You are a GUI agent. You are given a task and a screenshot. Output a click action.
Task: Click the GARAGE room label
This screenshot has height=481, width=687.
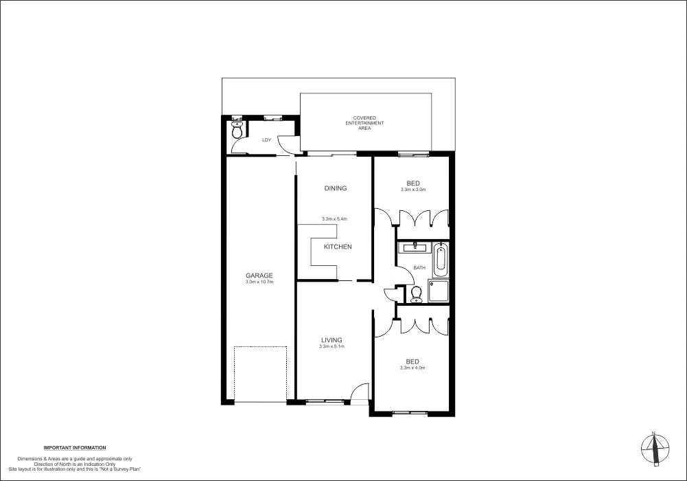pos(259,276)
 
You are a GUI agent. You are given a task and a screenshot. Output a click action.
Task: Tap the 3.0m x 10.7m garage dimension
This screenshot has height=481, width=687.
pos(259,282)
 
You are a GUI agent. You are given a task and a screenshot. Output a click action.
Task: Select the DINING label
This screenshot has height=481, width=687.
pos(336,188)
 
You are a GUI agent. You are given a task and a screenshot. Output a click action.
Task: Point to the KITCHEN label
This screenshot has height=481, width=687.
pos(338,247)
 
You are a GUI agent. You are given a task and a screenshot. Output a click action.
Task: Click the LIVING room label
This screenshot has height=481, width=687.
pos(331,340)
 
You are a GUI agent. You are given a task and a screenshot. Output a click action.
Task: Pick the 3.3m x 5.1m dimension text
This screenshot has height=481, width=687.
pos(331,347)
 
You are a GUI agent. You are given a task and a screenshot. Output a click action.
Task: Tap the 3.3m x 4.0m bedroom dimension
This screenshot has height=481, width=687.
pos(412,368)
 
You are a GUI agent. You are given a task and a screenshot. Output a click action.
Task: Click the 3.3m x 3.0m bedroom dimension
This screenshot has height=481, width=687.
pos(412,190)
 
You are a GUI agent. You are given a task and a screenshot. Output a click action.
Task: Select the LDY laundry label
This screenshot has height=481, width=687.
pos(266,140)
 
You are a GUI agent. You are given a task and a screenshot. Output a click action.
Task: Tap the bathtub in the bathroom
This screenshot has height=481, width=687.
pos(441,259)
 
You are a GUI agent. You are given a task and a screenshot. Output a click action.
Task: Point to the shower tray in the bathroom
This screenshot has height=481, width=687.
pos(439,291)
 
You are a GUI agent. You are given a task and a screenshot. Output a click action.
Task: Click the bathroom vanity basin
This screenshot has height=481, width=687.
pos(414,247)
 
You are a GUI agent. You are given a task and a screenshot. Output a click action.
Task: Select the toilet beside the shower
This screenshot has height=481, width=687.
pos(416,294)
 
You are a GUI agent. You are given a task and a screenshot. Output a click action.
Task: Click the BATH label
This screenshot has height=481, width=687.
pos(419,268)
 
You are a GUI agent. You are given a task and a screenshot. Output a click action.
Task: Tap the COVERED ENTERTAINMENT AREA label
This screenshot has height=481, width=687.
pos(364,123)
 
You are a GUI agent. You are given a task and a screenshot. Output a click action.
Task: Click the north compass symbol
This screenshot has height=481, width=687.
pos(655,447)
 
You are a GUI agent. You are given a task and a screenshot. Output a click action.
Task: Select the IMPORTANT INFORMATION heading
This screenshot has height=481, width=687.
pos(75,448)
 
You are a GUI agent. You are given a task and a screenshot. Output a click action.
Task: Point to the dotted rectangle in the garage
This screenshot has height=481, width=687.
pos(260,374)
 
